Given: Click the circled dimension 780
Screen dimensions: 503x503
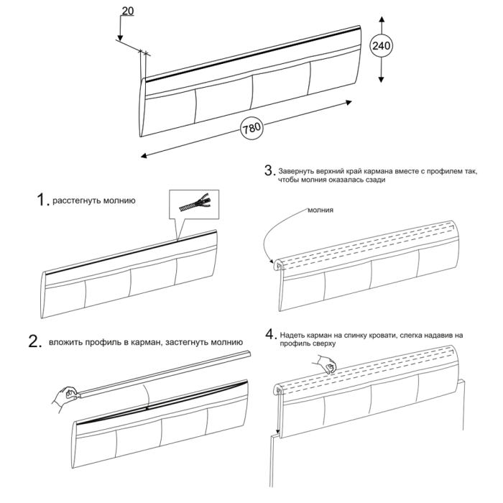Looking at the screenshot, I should [x=251, y=129].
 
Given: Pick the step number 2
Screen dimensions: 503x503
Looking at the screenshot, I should [x=34, y=343].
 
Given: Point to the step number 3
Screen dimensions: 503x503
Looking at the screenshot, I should [x=269, y=171].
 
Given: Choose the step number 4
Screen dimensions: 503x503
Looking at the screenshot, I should [x=269, y=335].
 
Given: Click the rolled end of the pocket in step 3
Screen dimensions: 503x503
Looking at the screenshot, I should [x=279, y=266].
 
